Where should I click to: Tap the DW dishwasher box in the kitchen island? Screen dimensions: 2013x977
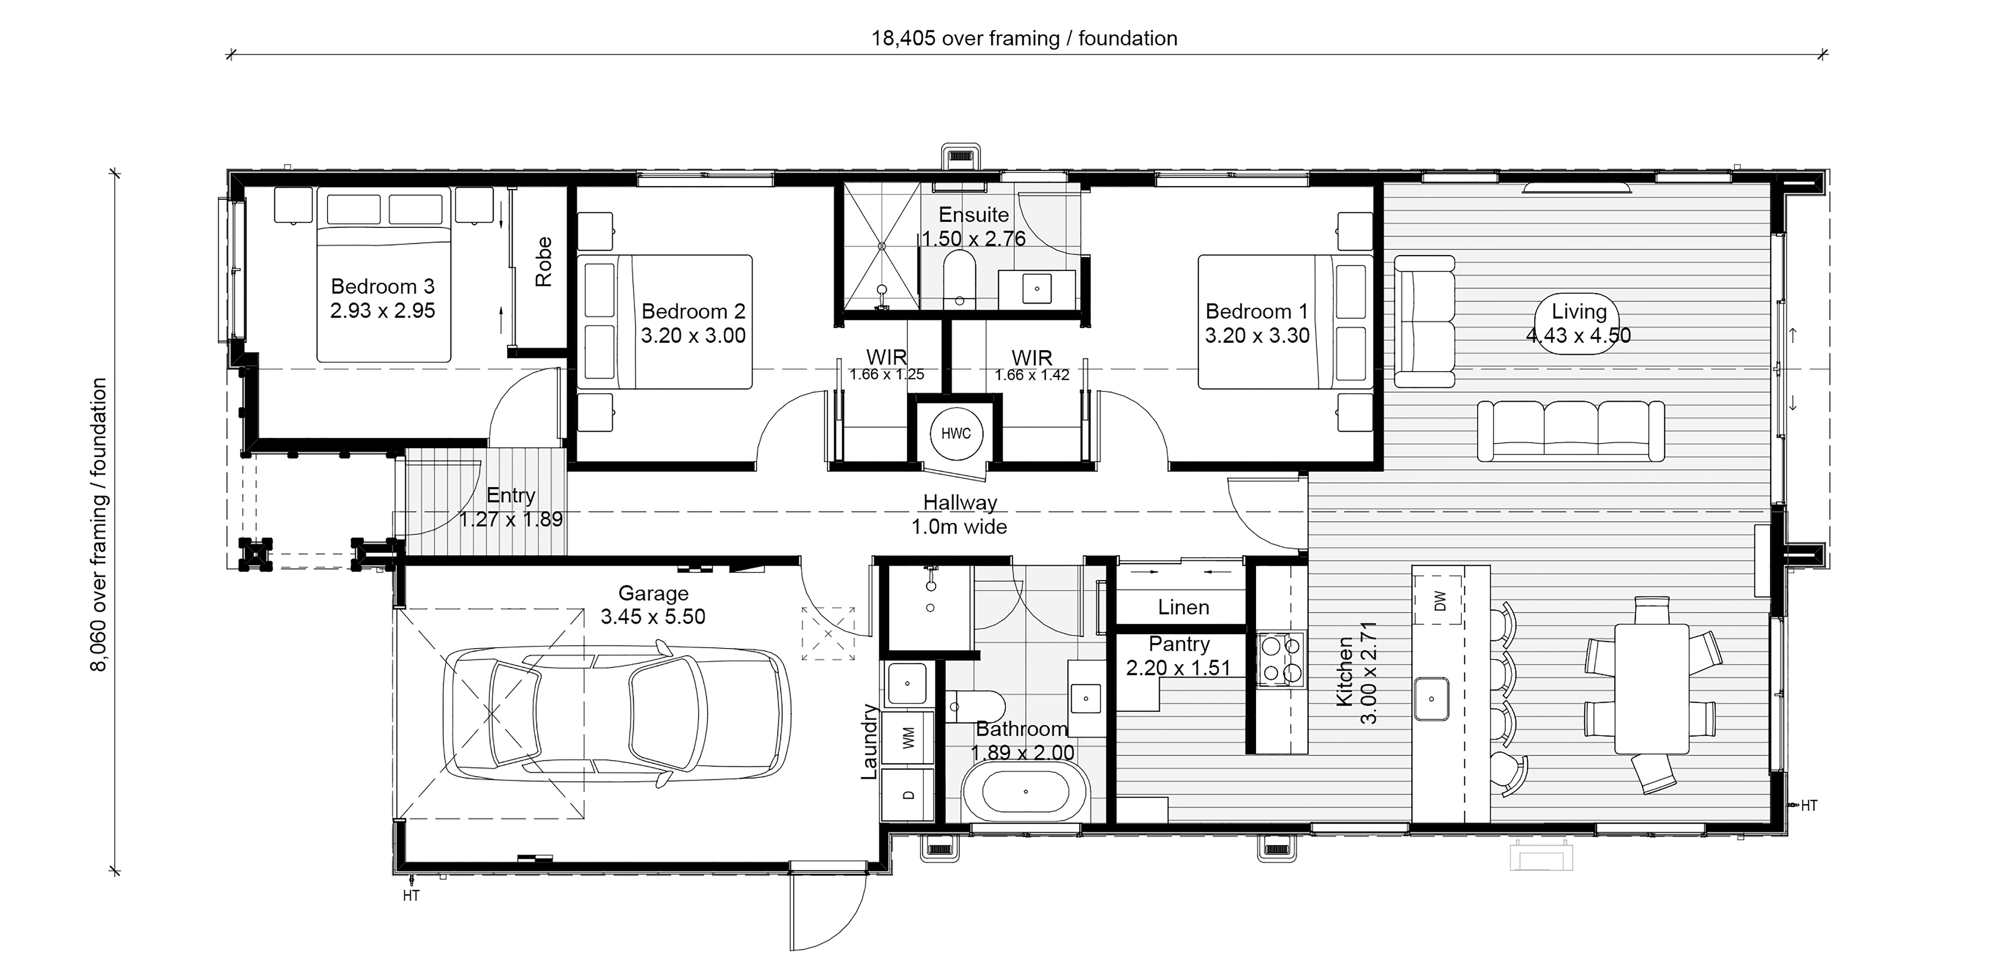(1440, 601)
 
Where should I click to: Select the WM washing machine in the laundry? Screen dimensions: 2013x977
(908, 737)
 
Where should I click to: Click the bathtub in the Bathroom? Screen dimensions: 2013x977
(1025, 792)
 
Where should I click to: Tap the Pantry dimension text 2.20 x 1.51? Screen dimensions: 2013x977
(1178, 668)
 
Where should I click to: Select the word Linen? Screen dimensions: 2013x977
(1183, 607)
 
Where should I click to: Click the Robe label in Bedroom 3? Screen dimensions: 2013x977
(544, 262)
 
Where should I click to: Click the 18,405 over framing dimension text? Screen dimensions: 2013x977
(1025, 38)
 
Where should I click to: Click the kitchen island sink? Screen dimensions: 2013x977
(1432, 699)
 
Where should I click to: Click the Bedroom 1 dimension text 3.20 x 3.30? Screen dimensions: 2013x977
(1257, 335)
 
